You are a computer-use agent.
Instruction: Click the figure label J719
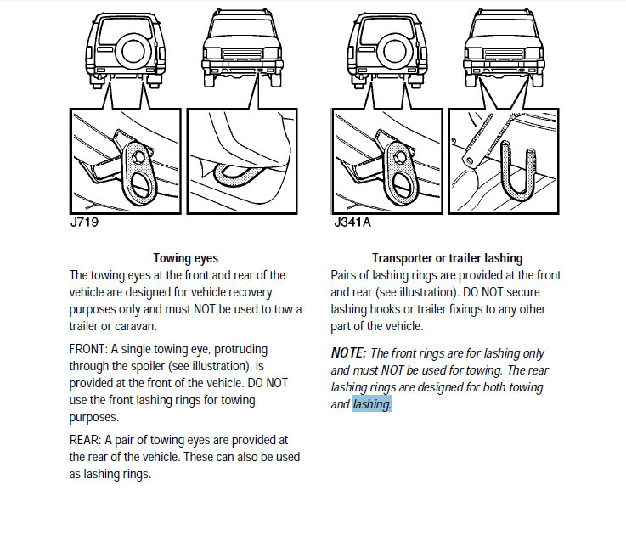[84, 222]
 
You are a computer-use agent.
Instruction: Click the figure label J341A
[352, 222]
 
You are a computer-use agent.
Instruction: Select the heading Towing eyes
[186, 258]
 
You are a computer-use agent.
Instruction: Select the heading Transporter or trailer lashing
[447, 258]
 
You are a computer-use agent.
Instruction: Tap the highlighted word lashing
[372, 404]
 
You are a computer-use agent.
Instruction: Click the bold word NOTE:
[348, 353]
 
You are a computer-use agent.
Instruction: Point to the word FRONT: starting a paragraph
[88, 349]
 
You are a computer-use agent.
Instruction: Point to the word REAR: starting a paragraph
[86, 440]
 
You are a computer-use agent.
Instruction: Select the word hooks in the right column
[381, 309]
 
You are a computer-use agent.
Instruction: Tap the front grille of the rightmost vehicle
[504, 53]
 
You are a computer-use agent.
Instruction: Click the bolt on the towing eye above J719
[138, 158]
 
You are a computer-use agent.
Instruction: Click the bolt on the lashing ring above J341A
[399, 158]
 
